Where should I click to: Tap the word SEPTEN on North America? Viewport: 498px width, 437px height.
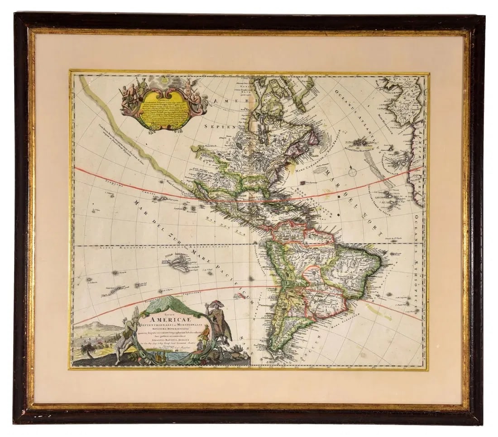(x=220, y=128)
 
